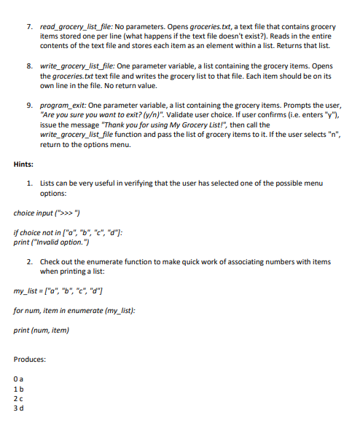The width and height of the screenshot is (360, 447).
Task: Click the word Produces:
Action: click(30, 360)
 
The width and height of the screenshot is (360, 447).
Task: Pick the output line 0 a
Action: click(18, 379)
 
